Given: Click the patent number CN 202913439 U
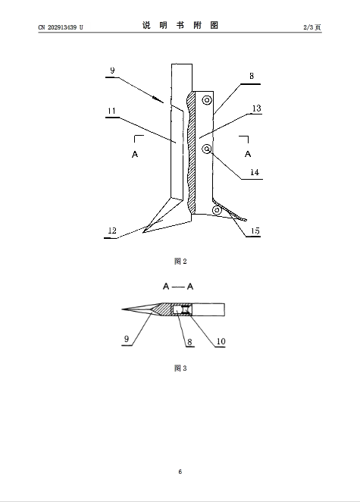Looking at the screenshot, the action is click(61, 27).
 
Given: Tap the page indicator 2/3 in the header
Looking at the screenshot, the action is click(308, 27).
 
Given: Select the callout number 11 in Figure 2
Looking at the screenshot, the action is click(111, 111).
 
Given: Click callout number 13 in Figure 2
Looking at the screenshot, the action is click(257, 108).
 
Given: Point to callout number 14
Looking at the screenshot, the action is click(255, 172).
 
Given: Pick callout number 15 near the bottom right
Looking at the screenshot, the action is click(255, 231).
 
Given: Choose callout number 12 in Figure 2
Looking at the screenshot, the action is click(112, 231).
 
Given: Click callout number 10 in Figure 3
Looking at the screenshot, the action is click(221, 341).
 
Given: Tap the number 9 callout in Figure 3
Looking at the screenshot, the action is click(127, 339).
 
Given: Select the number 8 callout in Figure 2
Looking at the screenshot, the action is click(252, 76).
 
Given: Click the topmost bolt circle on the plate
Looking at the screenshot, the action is click(207, 100).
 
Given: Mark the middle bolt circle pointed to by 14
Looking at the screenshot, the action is click(207, 149).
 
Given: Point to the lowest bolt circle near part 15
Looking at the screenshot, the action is click(217, 210).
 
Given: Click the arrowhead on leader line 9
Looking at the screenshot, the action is click(158, 99).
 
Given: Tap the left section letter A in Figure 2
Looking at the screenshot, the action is click(135, 154).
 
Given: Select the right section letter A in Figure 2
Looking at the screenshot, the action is click(248, 154).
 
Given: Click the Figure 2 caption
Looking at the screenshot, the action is click(180, 262).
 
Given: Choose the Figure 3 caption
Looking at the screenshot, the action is click(180, 369).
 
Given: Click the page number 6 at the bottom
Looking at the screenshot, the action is click(180, 472).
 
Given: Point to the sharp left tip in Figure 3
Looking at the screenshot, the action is click(122, 309).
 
